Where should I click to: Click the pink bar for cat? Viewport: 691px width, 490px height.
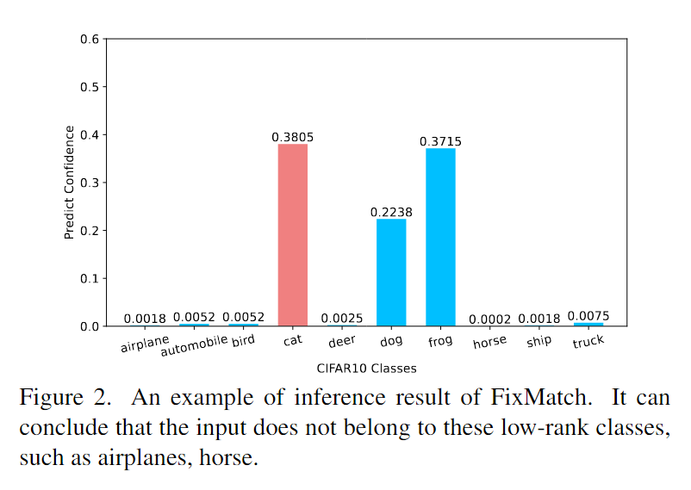[x=292, y=235]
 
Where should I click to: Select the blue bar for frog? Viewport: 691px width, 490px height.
[x=440, y=237]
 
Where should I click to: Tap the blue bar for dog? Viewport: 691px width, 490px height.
[x=391, y=272]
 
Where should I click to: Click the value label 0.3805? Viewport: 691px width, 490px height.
[x=292, y=137]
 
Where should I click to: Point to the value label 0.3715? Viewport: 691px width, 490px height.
[x=440, y=141]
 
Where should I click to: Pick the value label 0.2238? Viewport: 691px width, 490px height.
[x=391, y=212]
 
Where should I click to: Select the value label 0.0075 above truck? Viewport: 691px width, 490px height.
[x=588, y=316]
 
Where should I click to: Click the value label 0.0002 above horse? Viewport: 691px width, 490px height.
[x=490, y=319]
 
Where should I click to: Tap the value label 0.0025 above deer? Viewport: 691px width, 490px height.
[x=342, y=319]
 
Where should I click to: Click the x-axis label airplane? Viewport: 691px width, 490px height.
[x=144, y=344]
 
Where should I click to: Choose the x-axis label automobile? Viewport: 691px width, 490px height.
[x=194, y=345]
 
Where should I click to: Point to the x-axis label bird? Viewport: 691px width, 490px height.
[x=244, y=341]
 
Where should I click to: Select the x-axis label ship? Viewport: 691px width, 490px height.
[x=539, y=342]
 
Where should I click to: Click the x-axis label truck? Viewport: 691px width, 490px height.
[x=588, y=342]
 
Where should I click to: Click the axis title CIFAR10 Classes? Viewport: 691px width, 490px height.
[x=366, y=369]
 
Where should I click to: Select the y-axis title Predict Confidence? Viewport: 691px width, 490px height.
[x=69, y=183]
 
